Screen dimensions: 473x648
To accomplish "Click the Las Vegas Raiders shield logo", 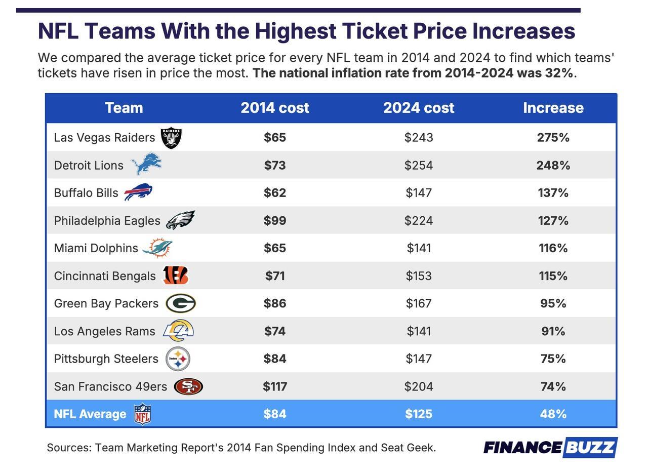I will click(x=171, y=138).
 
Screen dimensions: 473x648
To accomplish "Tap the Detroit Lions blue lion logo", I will click(x=146, y=165).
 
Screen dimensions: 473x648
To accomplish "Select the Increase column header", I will click(x=553, y=108).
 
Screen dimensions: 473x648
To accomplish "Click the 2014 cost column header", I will click(x=274, y=108).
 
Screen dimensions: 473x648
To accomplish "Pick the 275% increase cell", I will click(x=553, y=138).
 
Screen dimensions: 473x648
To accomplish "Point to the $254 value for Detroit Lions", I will click(x=418, y=166).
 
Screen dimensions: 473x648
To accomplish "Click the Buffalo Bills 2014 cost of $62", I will click(x=274, y=193).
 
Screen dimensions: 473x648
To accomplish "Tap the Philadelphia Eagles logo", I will click(x=180, y=220).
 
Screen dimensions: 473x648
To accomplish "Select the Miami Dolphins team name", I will click(x=96, y=248).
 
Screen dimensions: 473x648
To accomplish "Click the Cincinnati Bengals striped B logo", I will click(x=175, y=275).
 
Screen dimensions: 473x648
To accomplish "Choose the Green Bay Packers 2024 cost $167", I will click(x=418, y=303).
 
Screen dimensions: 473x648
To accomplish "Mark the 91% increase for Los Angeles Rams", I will click(x=553, y=331).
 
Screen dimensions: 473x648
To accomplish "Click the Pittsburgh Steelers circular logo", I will click(x=178, y=359).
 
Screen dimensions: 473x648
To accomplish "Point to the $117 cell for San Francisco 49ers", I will click(x=274, y=386).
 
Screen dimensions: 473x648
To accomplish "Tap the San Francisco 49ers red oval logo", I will click(x=188, y=386).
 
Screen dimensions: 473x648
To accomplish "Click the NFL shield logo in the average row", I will click(x=142, y=414).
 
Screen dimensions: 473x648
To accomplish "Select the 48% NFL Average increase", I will click(x=553, y=414).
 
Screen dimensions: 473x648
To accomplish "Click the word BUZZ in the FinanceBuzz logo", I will click(x=590, y=448).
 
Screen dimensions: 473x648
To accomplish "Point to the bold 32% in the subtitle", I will click(x=559, y=73).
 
